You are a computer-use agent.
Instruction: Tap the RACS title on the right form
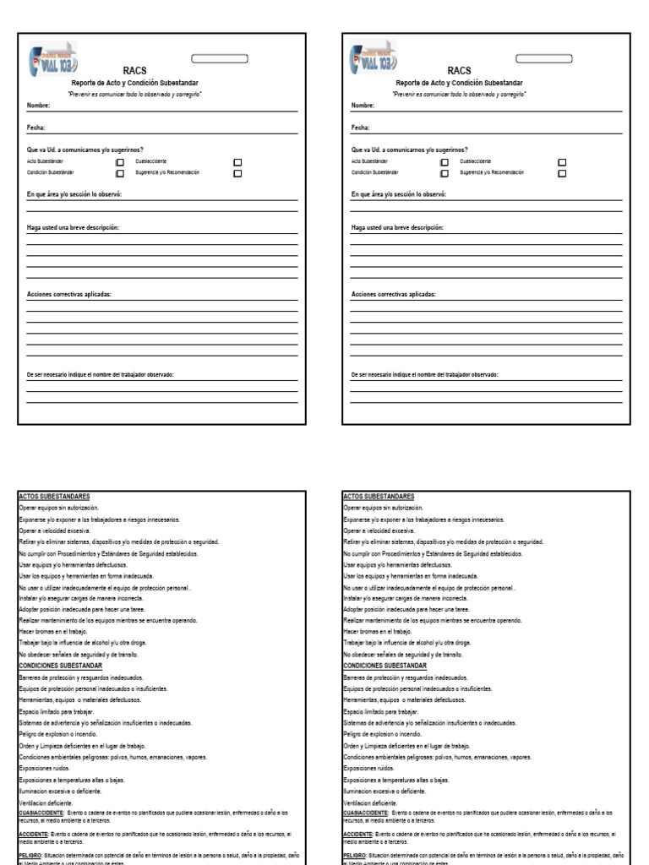pos(459,71)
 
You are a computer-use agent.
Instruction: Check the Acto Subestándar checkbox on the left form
pos(119,160)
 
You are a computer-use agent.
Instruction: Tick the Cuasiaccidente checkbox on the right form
pos(562,160)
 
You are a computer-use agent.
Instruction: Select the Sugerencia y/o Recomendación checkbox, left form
pos(237,172)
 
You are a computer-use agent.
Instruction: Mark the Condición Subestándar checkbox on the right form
pos(444,172)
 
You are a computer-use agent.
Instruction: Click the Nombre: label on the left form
pos(39,106)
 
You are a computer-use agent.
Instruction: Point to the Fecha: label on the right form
pos(361,128)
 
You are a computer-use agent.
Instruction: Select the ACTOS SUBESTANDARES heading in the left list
pos(53,497)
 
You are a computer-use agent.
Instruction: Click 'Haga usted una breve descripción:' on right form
pos(397,228)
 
